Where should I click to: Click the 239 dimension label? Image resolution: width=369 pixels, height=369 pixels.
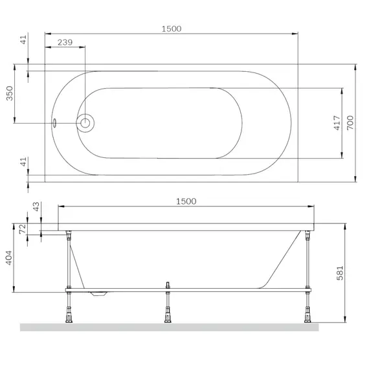(65, 42)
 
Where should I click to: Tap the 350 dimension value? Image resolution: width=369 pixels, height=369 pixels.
(10, 93)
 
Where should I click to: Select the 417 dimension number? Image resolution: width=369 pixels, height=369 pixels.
(337, 123)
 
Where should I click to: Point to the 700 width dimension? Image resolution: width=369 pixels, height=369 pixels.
(350, 122)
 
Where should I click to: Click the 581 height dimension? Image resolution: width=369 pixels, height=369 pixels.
(340, 273)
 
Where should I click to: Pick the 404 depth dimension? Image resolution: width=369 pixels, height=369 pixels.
(8, 258)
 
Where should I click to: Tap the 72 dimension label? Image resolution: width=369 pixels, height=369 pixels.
(23, 229)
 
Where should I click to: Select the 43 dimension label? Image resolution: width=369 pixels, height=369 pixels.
(36, 207)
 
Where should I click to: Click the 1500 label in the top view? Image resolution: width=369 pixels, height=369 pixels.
(172, 29)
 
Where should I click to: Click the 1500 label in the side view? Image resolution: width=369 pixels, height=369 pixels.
(186, 201)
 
